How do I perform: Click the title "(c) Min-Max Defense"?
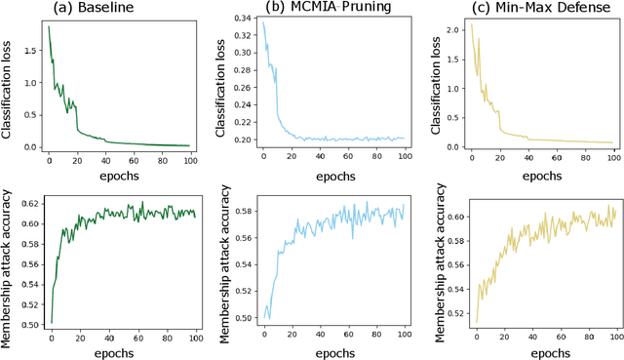click(x=526, y=9)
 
